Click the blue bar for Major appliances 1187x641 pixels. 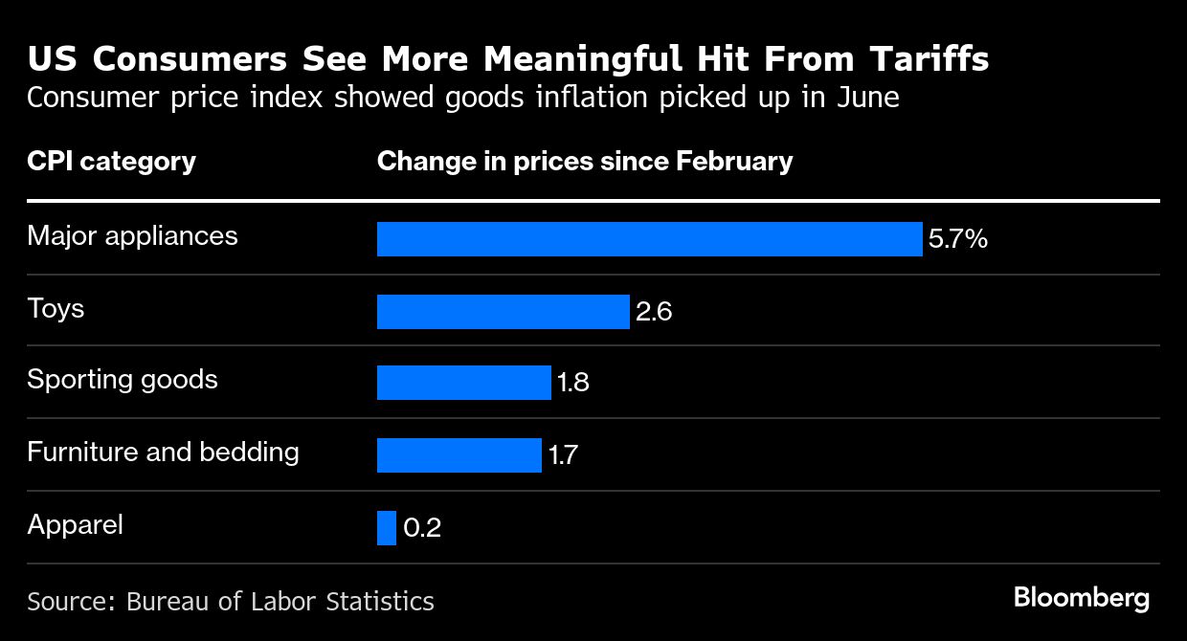[x=649, y=239]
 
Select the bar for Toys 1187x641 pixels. [x=503, y=312]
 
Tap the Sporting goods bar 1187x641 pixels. [x=463, y=383]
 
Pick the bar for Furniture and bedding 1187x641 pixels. [x=459, y=455]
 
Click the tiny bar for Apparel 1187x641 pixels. [x=386, y=528]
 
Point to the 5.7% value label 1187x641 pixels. [x=957, y=239]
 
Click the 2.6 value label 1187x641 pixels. [x=654, y=312]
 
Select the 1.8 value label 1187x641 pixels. [x=572, y=384]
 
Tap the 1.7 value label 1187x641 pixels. [x=563, y=455]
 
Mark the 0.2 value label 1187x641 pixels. [x=422, y=528]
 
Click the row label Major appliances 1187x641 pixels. [x=132, y=236]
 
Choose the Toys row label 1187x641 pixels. [x=56, y=308]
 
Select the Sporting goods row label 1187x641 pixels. [x=123, y=380]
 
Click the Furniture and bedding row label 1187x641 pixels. [x=163, y=452]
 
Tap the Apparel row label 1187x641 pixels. [x=75, y=525]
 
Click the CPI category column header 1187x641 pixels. [x=111, y=161]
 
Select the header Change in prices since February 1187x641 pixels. [x=585, y=161]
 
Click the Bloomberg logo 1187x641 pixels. [x=1081, y=598]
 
